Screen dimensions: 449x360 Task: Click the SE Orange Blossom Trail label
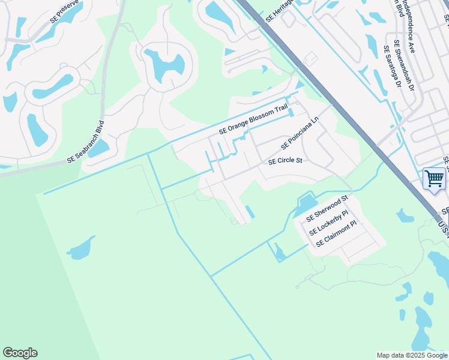click(x=253, y=119)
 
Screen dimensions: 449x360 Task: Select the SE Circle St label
click(x=285, y=161)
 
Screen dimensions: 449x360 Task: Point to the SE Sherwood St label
click(x=327, y=208)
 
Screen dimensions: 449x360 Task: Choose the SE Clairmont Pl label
click(x=336, y=234)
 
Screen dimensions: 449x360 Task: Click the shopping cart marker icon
click(x=433, y=178)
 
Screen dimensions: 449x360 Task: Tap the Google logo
click(x=20, y=353)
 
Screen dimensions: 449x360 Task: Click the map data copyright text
click(x=412, y=355)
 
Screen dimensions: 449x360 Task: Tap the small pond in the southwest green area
click(x=80, y=248)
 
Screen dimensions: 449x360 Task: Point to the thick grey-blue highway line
click(x=336, y=101)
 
